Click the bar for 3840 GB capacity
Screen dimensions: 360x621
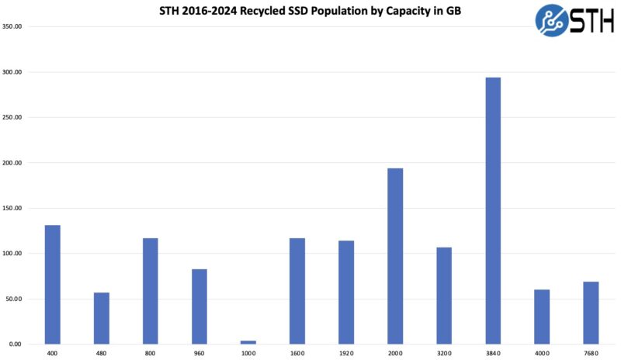click(x=493, y=210)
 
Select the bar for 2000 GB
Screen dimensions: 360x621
click(x=395, y=256)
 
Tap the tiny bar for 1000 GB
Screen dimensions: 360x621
click(x=248, y=342)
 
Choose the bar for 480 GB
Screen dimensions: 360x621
click(x=102, y=318)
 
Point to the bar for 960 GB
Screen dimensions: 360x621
click(x=199, y=306)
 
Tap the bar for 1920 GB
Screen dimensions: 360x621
click(x=346, y=292)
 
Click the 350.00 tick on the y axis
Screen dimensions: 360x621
click(x=13, y=26)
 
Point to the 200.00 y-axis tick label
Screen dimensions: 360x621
click(x=13, y=163)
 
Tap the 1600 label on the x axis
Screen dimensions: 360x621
click(x=297, y=353)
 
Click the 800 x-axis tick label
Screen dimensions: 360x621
click(x=151, y=353)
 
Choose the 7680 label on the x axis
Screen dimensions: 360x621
click(x=591, y=353)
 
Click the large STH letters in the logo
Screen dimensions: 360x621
click(x=592, y=21)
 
